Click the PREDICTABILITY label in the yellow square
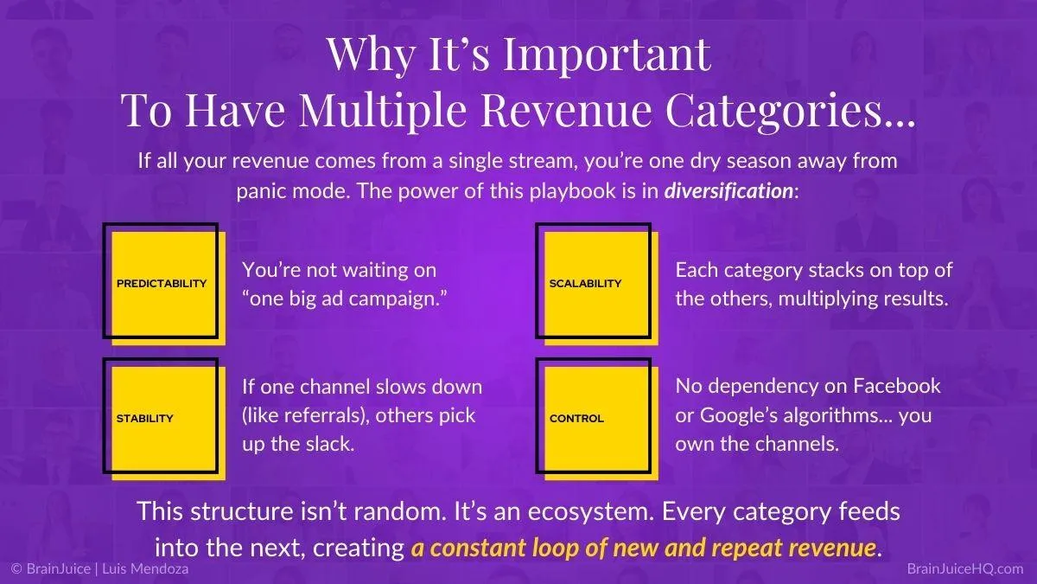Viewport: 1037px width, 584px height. tap(162, 283)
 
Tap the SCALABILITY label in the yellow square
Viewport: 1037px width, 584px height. tap(585, 283)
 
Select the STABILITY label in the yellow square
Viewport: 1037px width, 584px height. tap(145, 418)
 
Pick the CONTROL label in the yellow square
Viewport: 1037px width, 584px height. tap(576, 418)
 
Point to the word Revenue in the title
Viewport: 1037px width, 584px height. tap(566, 109)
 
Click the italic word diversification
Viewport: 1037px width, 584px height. tap(728, 190)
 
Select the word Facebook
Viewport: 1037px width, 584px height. tap(897, 386)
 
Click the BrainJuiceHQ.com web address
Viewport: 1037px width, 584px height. tap(964, 568)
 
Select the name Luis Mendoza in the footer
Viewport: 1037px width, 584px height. tap(145, 568)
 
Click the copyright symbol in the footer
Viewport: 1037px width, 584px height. tap(16, 568)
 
